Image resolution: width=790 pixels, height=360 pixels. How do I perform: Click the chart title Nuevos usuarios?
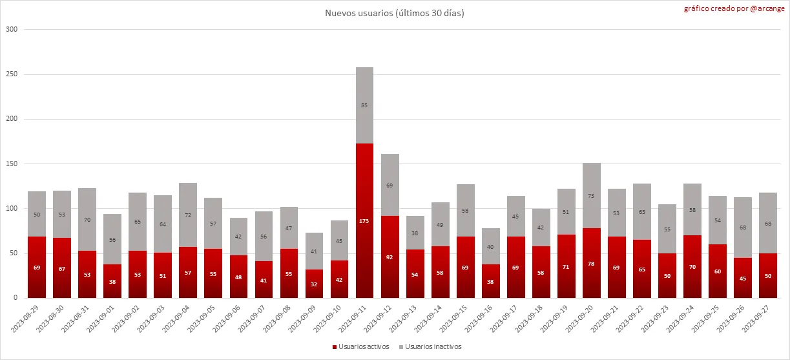pos(394,13)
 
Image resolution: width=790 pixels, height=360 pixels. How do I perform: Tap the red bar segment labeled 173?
pos(365,220)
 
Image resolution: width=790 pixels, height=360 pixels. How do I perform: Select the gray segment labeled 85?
pos(365,105)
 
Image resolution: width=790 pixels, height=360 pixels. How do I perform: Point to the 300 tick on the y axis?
pos(11,30)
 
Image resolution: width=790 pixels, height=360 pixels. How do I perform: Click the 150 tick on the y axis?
pos(11,164)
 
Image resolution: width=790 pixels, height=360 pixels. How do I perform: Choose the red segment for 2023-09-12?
pos(390,257)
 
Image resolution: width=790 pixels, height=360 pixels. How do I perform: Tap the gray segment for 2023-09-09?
pos(315,251)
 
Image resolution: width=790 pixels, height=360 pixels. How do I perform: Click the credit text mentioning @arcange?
pos(735,9)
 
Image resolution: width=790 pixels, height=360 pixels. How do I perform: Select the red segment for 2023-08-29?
pos(37,267)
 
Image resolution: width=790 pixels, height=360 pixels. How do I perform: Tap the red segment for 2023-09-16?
pos(491,281)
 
